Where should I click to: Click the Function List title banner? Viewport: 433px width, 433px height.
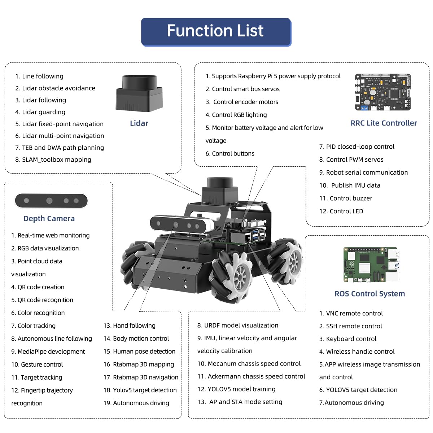[216, 32]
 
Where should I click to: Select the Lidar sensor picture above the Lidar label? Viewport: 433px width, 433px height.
[139, 93]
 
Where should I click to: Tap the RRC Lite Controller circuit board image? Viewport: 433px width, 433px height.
[383, 92]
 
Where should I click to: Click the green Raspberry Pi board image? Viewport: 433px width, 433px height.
[371, 264]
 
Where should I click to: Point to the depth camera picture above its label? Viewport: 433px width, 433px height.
[51, 201]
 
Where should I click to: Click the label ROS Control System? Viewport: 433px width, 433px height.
[369, 294]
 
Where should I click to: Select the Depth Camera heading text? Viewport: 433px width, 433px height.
[49, 219]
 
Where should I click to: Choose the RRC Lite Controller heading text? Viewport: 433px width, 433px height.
[384, 123]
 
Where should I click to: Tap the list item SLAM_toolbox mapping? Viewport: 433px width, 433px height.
[53, 159]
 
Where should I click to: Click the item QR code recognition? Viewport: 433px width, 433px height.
[42, 300]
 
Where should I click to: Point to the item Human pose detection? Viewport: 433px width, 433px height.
[139, 351]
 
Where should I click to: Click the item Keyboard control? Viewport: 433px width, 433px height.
[347, 339]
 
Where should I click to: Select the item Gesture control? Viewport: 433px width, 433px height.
[37, 364]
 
